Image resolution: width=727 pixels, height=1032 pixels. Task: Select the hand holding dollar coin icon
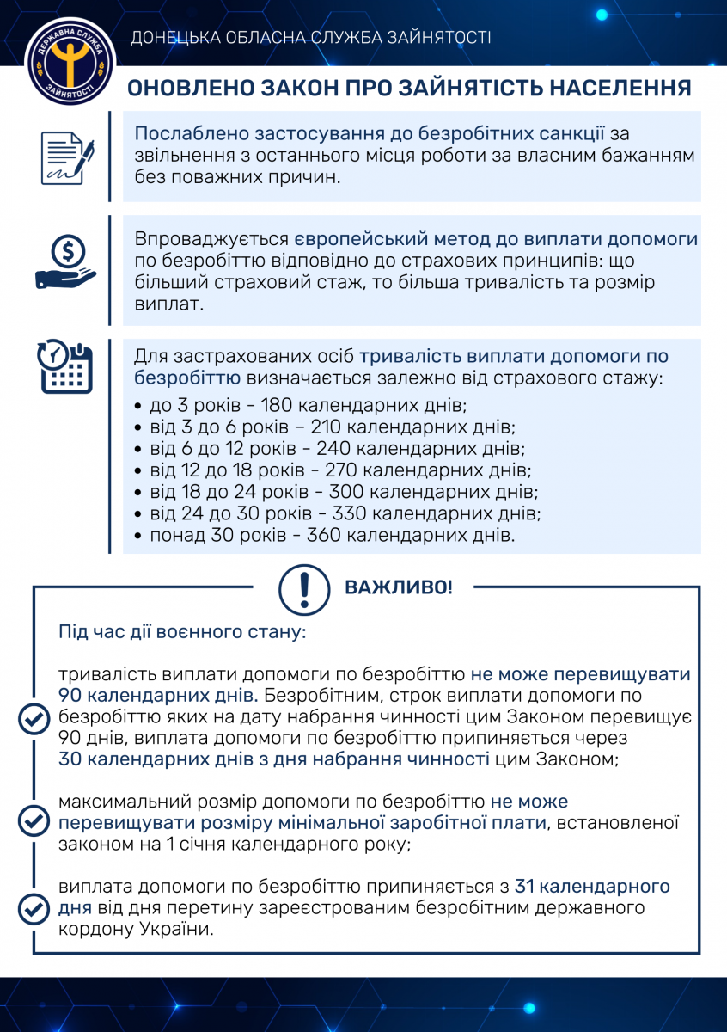pos(65,263)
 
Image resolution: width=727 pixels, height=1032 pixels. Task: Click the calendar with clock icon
pos(64,367)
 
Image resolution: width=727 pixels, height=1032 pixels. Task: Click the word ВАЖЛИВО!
pos(398,588)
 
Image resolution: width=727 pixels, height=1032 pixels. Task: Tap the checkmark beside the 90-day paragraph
pos(34,717)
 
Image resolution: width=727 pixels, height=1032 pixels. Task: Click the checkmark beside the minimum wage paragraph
pos(34,821)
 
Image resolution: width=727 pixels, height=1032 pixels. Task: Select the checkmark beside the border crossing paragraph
pos(34,907)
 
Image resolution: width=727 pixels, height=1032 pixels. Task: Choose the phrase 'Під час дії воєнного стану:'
pos(182,633)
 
